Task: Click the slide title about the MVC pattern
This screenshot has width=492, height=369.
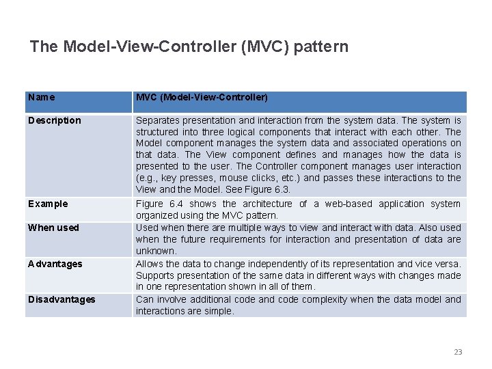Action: click(189, 46)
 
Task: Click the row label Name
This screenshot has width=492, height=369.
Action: click(42, 98)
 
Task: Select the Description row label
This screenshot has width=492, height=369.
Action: click(55, 121)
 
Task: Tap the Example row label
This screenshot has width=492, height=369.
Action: click(48, 204)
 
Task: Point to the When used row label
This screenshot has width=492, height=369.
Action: click(53, 228)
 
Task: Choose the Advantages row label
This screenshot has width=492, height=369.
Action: click(55, 264)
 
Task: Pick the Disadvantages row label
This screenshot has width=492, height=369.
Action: click(61, 299)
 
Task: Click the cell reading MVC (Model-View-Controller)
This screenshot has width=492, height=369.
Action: click(202, 98)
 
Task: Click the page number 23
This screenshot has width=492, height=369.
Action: click(458, 352)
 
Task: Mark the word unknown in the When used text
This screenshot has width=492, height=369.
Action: click(156, 251)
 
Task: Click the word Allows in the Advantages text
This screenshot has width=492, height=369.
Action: click(149, 264)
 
